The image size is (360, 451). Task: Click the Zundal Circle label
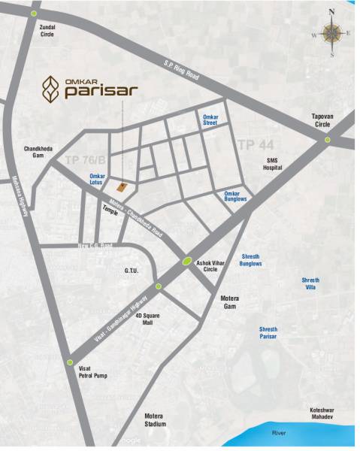[x=47, y=30]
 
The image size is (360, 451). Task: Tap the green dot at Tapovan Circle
[x=327, y=140]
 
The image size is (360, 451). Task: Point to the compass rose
[x=331, y=33]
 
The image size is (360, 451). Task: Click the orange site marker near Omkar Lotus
[x=121, y=185]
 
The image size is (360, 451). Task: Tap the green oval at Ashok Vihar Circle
[x=186, y=262]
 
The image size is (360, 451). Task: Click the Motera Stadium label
[x=156, y=419]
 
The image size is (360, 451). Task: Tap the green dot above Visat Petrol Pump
[x=69, y=361]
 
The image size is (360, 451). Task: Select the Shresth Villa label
[x=310, y=283]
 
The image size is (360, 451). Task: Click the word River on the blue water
[x=280, y=434]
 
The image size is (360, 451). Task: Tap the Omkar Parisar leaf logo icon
[x=50, y=88]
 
